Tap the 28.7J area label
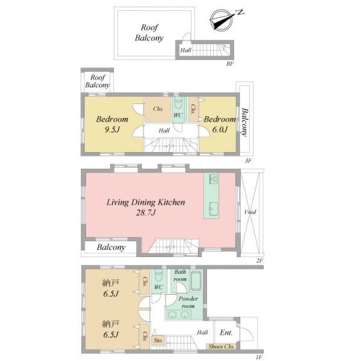146,212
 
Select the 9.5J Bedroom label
112,125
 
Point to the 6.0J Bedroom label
220,125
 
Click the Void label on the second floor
250,212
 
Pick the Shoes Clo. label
222,347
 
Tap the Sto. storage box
158,341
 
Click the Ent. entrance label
226,333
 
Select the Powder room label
188,302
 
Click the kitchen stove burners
214,179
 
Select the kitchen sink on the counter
213,209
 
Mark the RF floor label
230,64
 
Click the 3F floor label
248,161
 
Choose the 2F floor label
259,261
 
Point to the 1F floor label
259,357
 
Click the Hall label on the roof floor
185,50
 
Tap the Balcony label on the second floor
111,247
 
